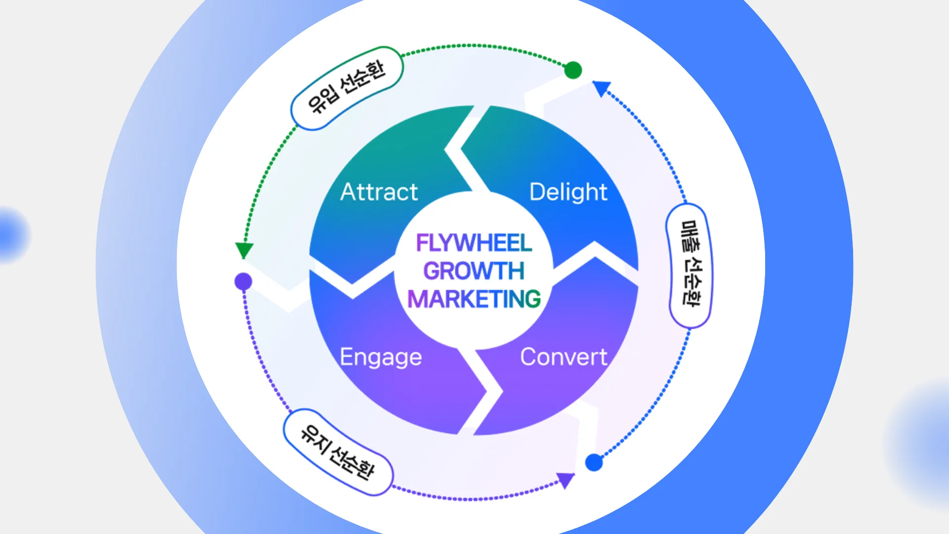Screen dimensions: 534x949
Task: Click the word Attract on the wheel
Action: (x=379, y=192)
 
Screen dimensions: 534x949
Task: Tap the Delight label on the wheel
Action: (x=568, y=192)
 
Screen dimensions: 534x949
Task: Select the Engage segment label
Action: (x=381, y=357)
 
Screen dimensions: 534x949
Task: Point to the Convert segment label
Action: (x=563, y=357)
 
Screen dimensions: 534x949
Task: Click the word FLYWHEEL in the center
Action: (x=474, y=243)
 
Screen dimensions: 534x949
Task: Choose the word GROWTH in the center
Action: (x=474, y=271)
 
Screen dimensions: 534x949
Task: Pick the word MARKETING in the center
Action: (x=474, y=299)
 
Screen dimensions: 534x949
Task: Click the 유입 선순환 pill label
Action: (x=346, y=88)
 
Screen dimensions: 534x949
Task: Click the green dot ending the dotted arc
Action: (x=573, y=70)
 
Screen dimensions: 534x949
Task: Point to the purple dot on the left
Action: (x=243, y=282)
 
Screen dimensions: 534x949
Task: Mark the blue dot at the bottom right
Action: (x=594, y=463)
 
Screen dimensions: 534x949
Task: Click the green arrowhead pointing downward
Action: (x=244, y=250)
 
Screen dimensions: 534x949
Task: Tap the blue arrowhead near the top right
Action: (x=602, y=89)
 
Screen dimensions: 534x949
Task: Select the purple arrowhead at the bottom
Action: (x=565, y=480)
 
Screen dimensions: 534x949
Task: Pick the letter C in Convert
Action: (x=529, y=357)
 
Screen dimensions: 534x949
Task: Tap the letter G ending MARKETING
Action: (x=532, y=299)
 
